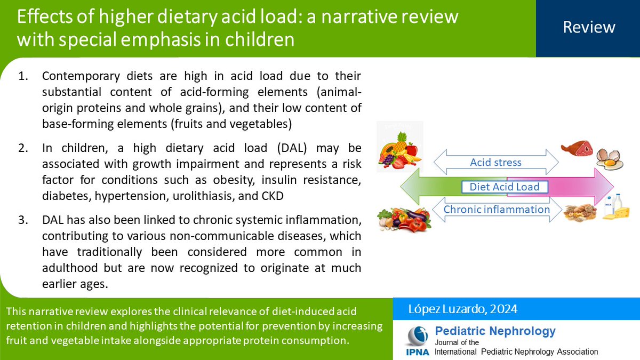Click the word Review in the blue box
coord(589,27)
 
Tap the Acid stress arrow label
coord(495,163)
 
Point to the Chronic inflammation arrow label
coord(497,210)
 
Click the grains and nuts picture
coord(579,213)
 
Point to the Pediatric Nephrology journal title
coord(495,331)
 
